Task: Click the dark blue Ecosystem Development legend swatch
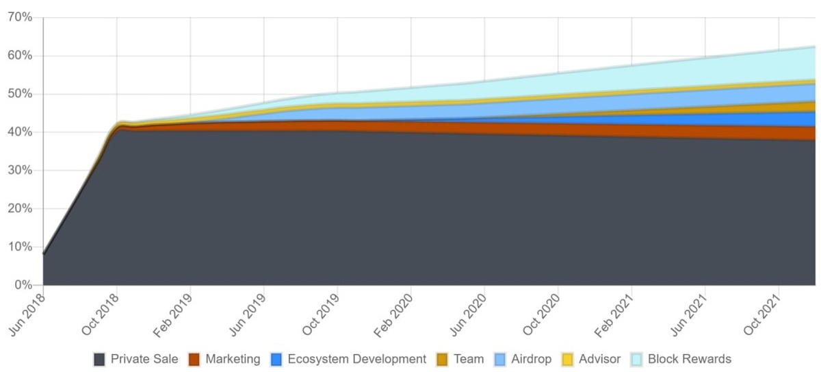276,359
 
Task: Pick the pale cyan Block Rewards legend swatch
636,359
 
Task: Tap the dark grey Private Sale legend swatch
99,359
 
